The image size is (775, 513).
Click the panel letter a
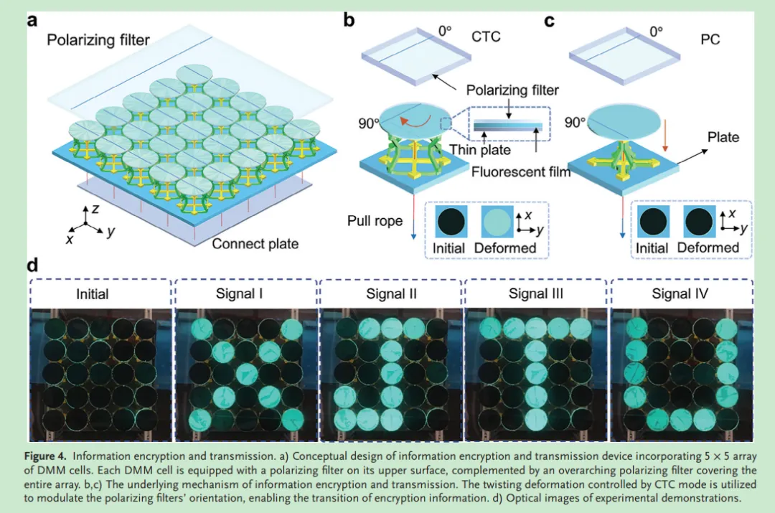[32, 20]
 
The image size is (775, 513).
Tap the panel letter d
[32, 265]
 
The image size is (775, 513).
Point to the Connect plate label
[255, 244]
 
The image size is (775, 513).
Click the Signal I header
[246, 294]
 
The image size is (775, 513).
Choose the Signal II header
[391, 294]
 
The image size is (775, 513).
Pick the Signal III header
[537, 294]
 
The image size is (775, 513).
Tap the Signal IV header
[680, 294]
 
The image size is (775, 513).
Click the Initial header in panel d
[93, 294]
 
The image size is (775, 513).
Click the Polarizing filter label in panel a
[98, 40]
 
